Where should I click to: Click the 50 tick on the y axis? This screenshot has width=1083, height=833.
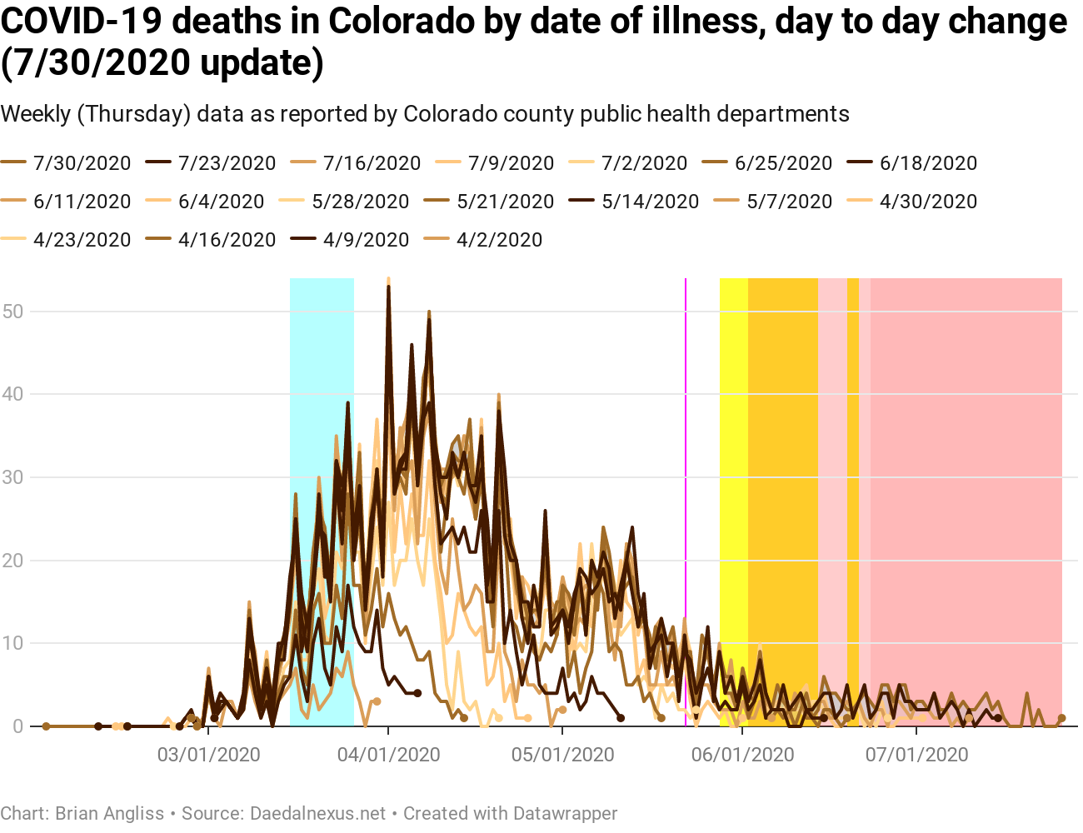click(12, 312)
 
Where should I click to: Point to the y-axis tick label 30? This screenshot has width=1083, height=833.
click(12, 477)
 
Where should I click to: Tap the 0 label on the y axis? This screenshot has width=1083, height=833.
click(17, 726)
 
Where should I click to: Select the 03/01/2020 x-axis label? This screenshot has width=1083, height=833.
click(209, 755)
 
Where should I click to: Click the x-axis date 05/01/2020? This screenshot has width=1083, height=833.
click(563, 755)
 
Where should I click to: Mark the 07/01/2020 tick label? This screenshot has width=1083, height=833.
click(916, 755)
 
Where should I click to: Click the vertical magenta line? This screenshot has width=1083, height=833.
click(686, 500)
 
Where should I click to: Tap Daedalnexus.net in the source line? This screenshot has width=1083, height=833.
click(318, 813)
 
